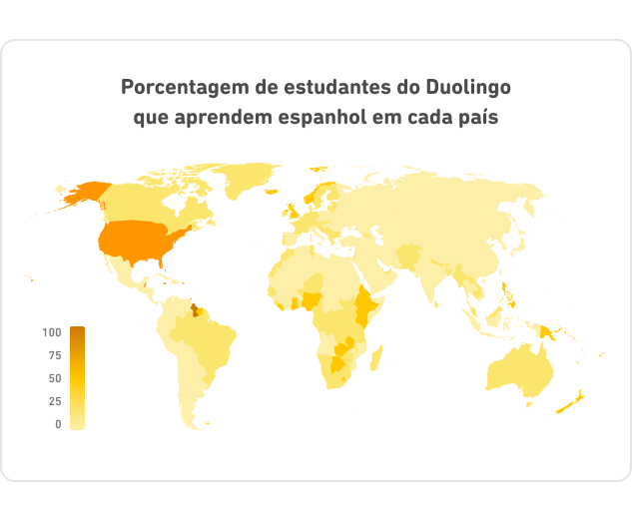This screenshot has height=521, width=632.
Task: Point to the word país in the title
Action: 478,117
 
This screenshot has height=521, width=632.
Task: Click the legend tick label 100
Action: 52,332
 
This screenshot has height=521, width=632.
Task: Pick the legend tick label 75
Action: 54,355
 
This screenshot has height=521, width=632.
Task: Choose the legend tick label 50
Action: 54,378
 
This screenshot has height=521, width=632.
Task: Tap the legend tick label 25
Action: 54,401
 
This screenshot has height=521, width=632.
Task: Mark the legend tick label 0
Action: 58,424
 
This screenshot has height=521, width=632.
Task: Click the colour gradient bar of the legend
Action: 77,378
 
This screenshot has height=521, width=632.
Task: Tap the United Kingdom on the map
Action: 292,211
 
